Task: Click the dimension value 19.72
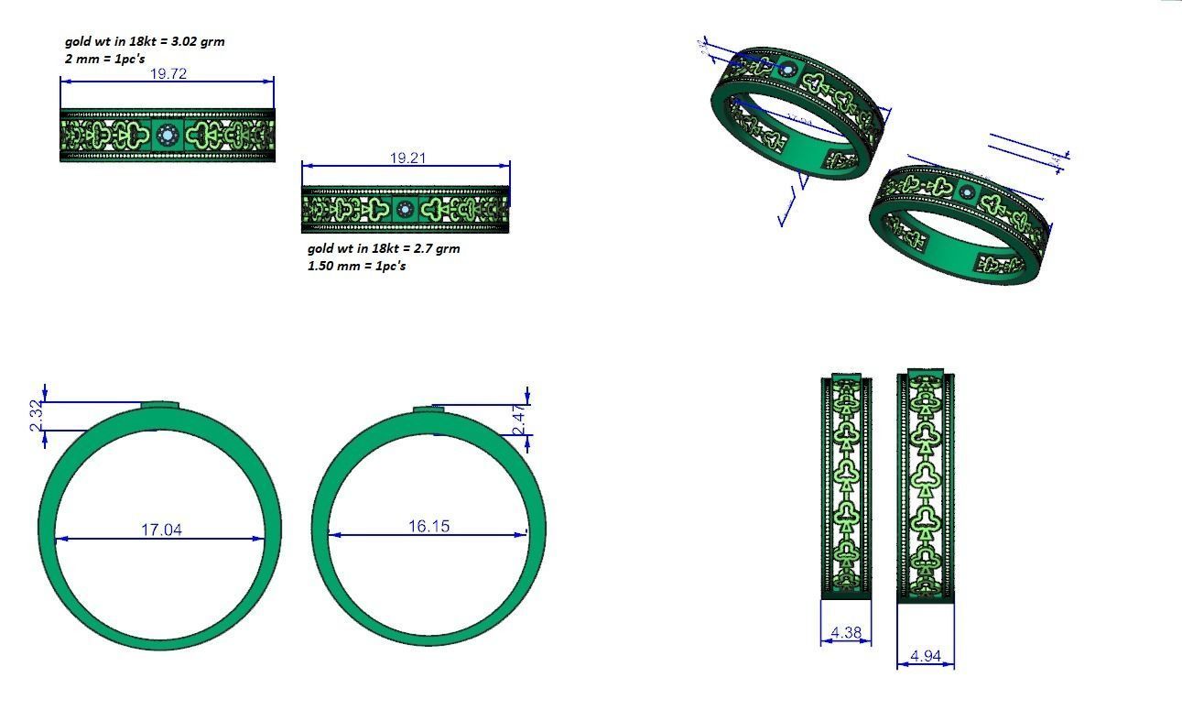click(x=168, y=73)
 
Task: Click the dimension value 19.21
click(x=407, y=158)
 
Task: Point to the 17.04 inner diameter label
click(x=161, y=529)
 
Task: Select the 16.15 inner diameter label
click(x=428, y=526)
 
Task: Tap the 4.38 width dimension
click(x=846, y=632)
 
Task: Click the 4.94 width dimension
click(x=925, y=656)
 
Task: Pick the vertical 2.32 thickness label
click(x=36, y=416)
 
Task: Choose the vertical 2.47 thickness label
click(x=518, y=420)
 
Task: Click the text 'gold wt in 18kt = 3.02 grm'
click(x=145, y=41)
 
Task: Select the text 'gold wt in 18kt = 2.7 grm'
click(x=384, y=248)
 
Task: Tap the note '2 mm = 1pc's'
click(x=105, y=59)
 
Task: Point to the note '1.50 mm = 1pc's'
click(x=356, y=266)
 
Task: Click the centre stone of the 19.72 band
click(x=167, y=136)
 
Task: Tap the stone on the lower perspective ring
click(x=968, y=192)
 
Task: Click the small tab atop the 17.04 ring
click(x=159, y=405)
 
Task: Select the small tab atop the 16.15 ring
click(x=429, y=409)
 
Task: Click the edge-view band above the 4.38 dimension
click(x=846, y=486)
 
